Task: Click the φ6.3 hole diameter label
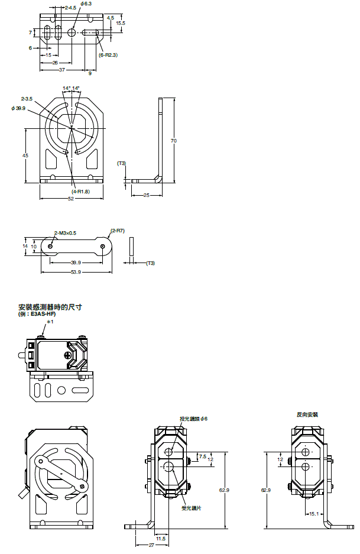pyautogui.click(x=85, y=4)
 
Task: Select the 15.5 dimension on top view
pyautogui.click(x=121, y=23)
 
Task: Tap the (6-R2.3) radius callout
pyautogui.click(x=109, y=55)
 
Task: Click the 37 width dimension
pyautogui.click(x=62, y=69)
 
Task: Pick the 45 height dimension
pyautogui.click(x=25, y=155)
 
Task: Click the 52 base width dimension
pyautogui.click(x=71, y=199)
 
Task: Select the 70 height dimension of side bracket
pyautogui.click(x=173, y=141)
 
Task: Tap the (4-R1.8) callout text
pyautogui.click(x=80, y=192)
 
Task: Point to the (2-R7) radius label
pyautogui.click(x=118, y=231)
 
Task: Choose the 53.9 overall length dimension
pyautogui.click(x=75, y=272)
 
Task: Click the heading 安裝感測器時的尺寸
pyautogui.click(x=50, y=307)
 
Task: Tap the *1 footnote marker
pyautogui.click(x=50, y=322)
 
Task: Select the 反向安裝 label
pyautogui.click(x=307, y=415)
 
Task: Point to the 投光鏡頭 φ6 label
pyautogui.click(x=194, y=419)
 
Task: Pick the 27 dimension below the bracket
pyautogui.click(x=151, y=545)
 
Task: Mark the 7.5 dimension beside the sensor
pyautogui.click(x=203, y=456)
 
